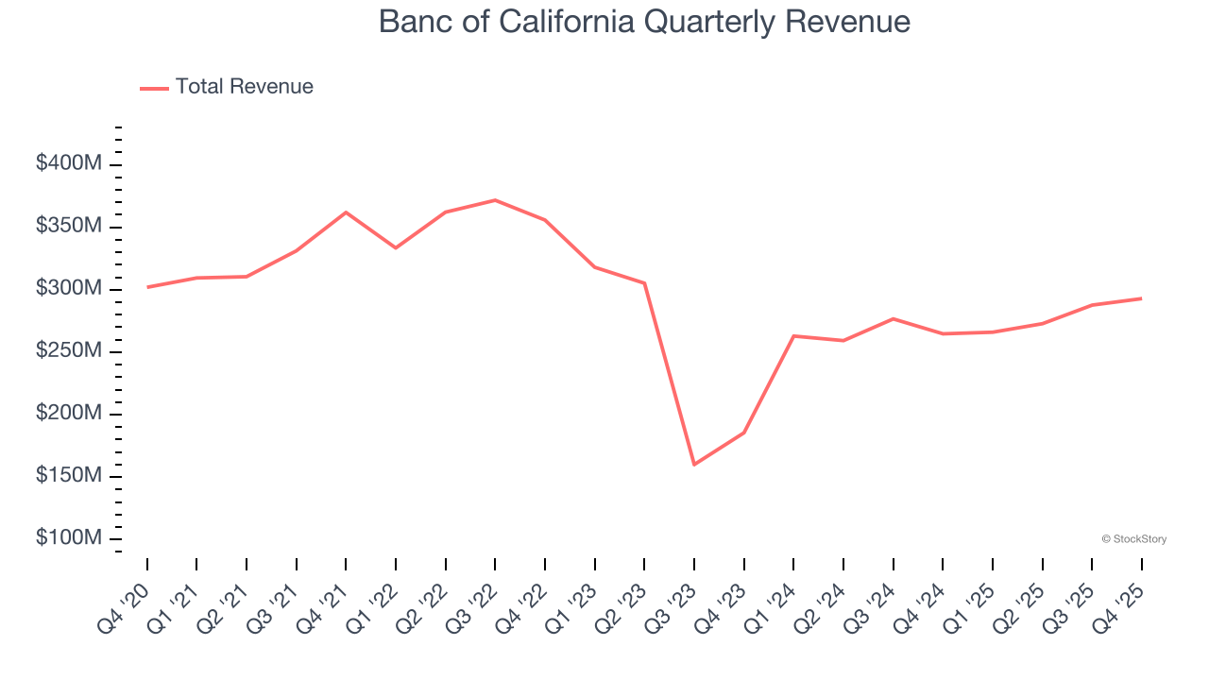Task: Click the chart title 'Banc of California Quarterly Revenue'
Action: [x=644, y=22]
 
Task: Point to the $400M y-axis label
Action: [x=69, y=163]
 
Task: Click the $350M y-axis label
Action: [x=69, y=226]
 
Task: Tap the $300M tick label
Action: [x=69, y=288]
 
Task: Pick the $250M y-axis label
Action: [x=69, y=350]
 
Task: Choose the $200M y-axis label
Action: [x=69, y=413]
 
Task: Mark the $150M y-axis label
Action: [x=69, y=475]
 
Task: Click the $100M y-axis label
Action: [x=69, y=537]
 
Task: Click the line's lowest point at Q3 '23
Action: [x=694, y=465]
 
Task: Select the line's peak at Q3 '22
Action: [x=495, y=200]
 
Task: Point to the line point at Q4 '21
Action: [x=346, y=212]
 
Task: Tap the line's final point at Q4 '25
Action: [x=1141, y=298]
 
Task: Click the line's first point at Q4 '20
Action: [x=147, y=287]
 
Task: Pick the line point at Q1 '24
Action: [x=793, y=336]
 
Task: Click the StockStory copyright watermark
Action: [x=1133, y=539]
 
